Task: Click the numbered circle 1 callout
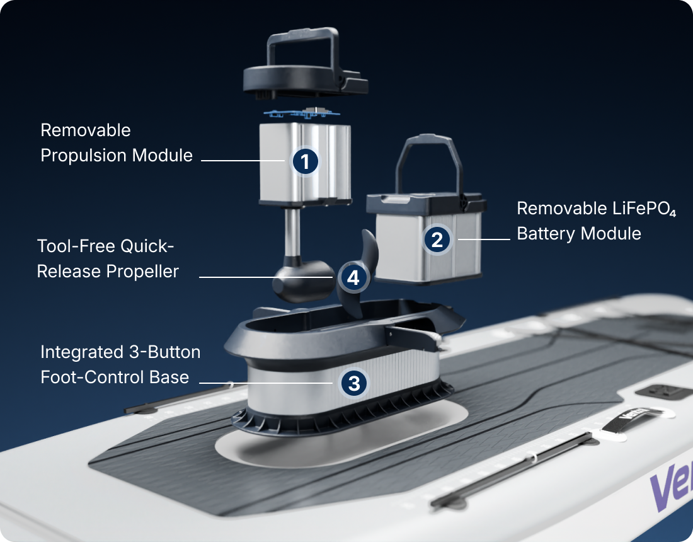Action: [305, 161]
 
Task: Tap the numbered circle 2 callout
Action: [437, 239]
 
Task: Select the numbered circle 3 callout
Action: [353, 383]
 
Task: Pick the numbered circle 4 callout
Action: [353, 278]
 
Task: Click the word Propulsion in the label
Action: [84, 156]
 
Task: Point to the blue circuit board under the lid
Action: [302, 113]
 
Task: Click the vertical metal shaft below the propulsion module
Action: [292, 232]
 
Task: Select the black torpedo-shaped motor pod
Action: [303, 281]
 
